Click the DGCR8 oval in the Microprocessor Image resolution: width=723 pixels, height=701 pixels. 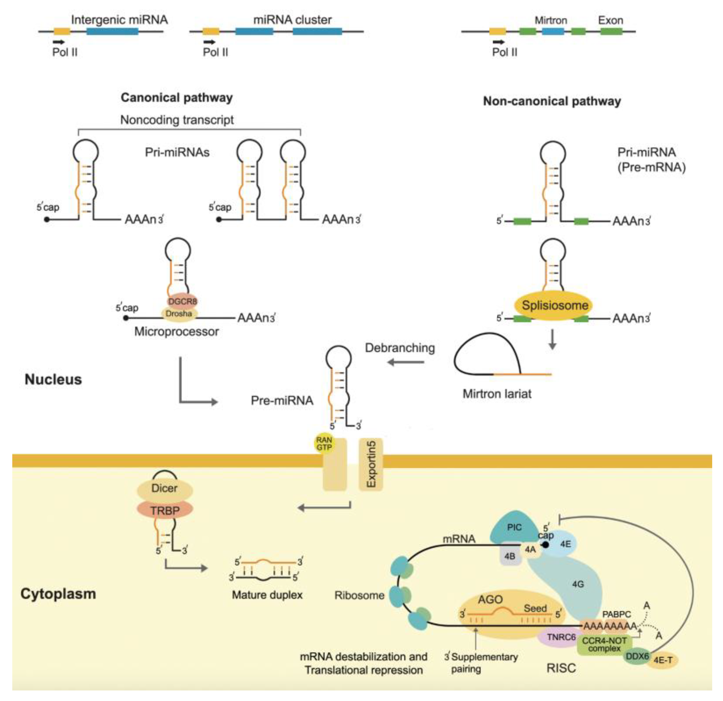pyautogui.click(x=183, y=301)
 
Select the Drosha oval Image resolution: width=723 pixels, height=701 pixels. pyautogui.click(x=179, y=314)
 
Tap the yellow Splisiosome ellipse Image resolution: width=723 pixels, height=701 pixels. pyautogui.click(x=554, y=305)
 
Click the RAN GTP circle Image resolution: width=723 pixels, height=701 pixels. pyautogui.click(x=324, y=443)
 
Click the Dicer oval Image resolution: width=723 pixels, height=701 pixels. pyautogui.click(x=165, y=488)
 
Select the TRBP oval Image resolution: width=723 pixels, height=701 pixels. pyautogui.click(x=165, y=511)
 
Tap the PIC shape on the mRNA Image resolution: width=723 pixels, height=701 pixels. pyautogui.click(x=514, y=528)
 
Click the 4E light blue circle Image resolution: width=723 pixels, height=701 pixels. pyautogui.click(x=565, y=544)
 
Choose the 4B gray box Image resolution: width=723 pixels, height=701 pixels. pyautogui.click(x=510, y=556)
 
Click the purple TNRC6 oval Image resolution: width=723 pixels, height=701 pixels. pyautogui.click(x=561, y=637)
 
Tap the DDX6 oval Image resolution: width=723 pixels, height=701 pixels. pyautogui.click(x=637, y=656)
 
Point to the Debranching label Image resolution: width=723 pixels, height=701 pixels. pyautogui.click(x=400, y=348)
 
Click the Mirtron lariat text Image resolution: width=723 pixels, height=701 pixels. pyautogui.click(x=497, y=394)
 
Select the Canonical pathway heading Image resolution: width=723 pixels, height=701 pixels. pyautogui.click(x=177, y=98)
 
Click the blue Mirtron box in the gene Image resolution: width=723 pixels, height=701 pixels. pyautogui.click(x=553, y=31)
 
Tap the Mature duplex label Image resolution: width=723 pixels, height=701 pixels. pyautogui.click(x=267, y=595)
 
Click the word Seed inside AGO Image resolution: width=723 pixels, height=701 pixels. pyautogui.click(x=535, y=608)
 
